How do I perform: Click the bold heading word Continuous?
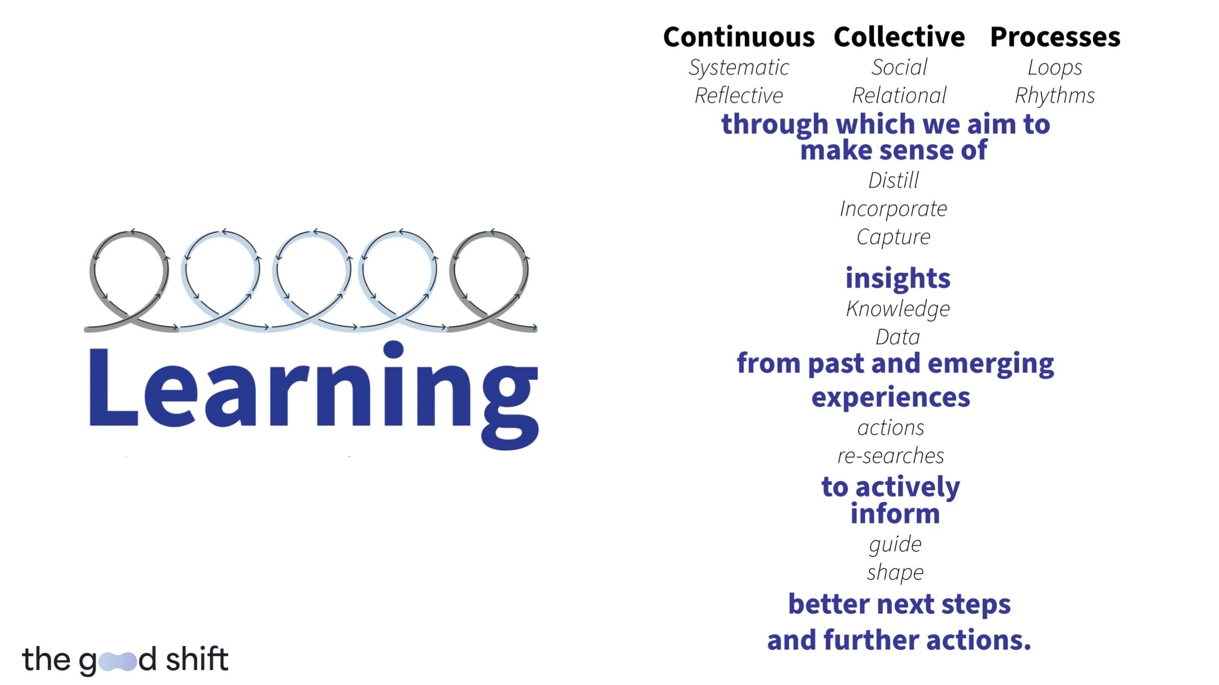(738, 37)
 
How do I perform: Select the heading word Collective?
(899, 37)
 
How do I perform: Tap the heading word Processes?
(1055, 37)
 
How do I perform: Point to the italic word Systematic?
(738, 68)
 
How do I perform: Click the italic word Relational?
(899, 95)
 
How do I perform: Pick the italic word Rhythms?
(1055, 96)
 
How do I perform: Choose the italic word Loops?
(1055, 68)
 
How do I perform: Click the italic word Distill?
(893, 180)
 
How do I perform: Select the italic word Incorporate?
(893, 209)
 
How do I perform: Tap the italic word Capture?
(893, 237)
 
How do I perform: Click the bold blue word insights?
(898, 278)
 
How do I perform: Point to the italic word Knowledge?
(898, 309)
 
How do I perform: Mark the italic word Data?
(898, 337)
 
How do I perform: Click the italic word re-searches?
(891, 456)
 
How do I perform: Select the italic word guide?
(895, 544)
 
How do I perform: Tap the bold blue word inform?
(895, 514)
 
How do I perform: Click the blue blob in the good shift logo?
(118, 661)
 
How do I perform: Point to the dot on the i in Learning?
(393, 349)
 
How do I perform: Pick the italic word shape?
(895, 572)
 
